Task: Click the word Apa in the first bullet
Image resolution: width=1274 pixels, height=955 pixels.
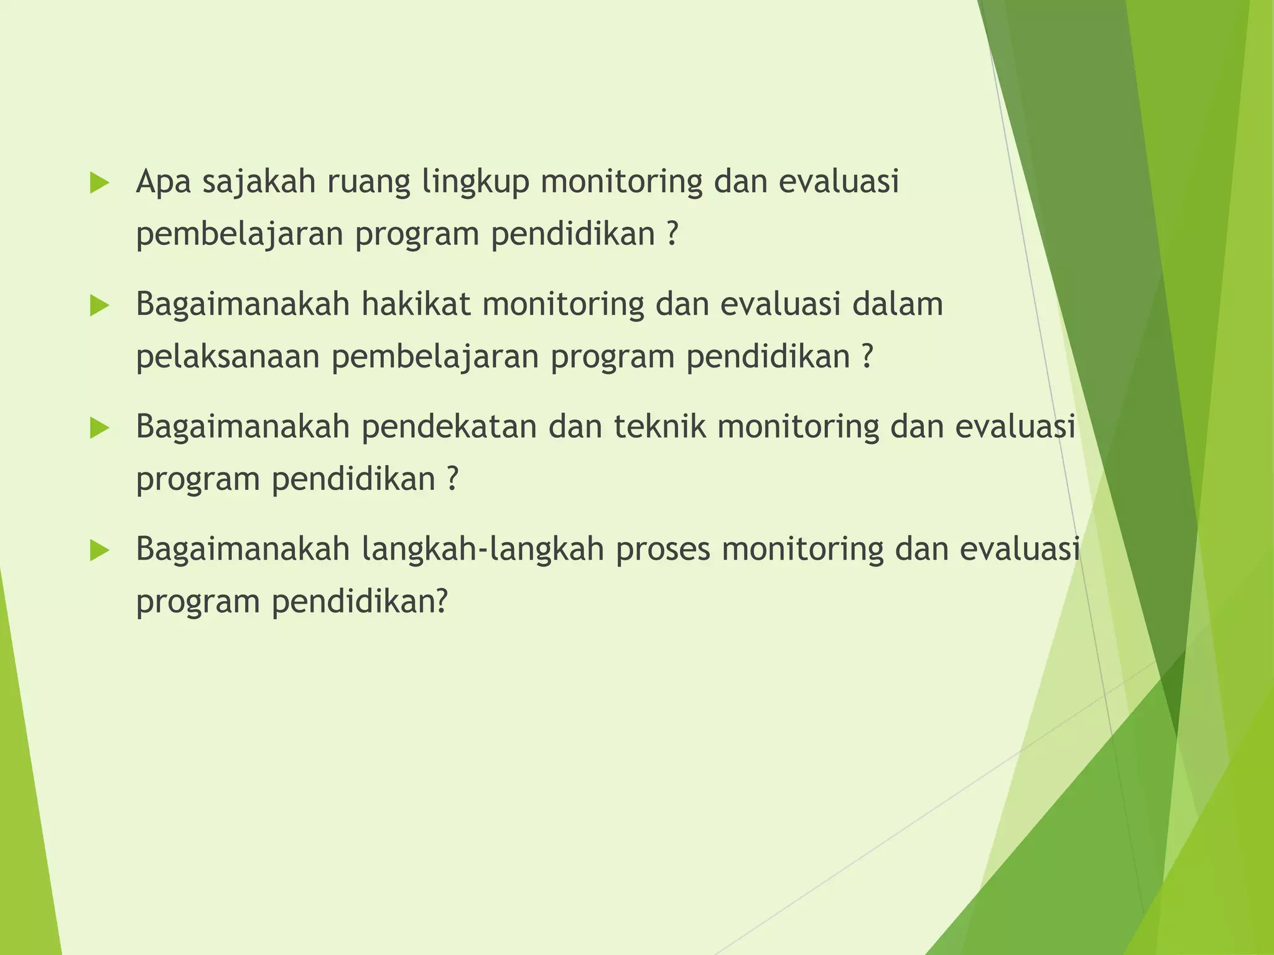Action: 163,183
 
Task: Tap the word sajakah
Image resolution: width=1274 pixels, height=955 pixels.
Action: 259,183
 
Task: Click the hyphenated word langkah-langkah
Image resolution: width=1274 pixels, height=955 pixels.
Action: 483,550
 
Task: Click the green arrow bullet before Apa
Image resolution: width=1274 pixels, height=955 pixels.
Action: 100,183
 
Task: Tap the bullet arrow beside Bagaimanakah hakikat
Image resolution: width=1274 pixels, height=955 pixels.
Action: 100,305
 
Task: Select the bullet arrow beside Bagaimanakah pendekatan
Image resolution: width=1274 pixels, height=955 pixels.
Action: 100,428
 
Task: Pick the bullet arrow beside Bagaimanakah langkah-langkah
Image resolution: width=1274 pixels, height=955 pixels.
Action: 100,550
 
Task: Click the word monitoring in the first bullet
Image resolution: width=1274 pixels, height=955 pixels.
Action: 621,183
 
